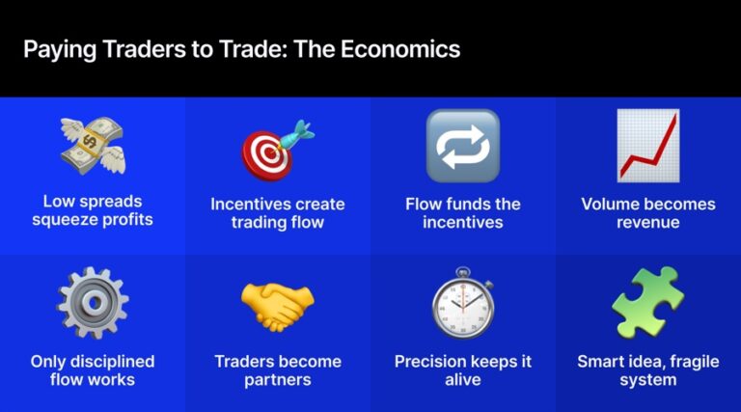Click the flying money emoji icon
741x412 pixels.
pyautogui.click(x=93, y=146)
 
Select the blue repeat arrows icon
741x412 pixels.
pyautogui.click(x=462, y=146)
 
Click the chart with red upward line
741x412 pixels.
pyautogui.click(x=647, y=146)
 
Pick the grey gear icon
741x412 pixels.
pyautogui.click(x=93, y=302)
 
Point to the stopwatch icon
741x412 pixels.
pyautogui.click(x=462, y=303)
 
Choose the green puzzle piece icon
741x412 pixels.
pyautogui.click(x=647, y=301)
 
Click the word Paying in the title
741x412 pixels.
pyautogui.click(x=55, y=48)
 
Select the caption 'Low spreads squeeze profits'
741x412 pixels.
pyautogui.click(x=93, y=211)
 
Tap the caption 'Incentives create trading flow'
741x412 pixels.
pyautogui.click(x=278, y=213)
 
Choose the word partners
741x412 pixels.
pyautogui.click(x=278, y=380)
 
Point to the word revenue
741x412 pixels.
pyautogui.click(x=648, y=222)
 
